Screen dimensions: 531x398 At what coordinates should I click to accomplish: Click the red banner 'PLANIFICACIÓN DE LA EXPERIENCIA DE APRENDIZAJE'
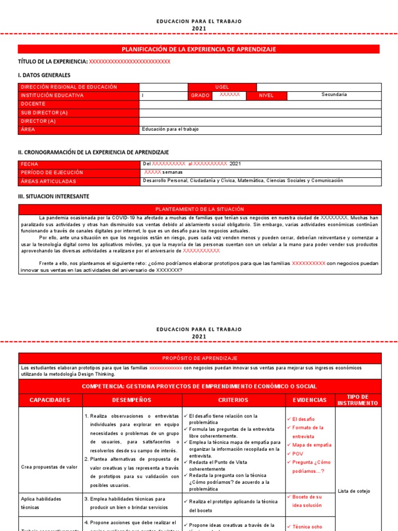(x=198, y=49)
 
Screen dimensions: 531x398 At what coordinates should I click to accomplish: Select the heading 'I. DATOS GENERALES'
(x=44, y=75)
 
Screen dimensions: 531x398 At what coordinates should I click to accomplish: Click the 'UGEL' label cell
(x=222, y=87)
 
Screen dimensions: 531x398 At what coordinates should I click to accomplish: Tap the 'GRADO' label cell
(x=200, y=95)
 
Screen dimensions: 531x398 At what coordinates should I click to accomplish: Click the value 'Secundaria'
(x=334, y=95)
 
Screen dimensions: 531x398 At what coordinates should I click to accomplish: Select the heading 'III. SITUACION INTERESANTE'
(x=53, y=197)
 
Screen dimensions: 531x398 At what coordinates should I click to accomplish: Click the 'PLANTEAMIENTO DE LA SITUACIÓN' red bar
(x=200, y=209)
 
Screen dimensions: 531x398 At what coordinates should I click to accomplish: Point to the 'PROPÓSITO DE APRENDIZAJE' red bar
(x=200, y=358)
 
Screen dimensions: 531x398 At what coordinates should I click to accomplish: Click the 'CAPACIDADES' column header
(x=49, y=400)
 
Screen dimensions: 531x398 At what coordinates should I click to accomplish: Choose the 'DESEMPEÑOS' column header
(x=132, y=400)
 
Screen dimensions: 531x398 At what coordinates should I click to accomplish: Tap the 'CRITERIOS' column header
(x=233, y=400)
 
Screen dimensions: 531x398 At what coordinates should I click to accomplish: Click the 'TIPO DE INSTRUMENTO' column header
(x=358, y=400)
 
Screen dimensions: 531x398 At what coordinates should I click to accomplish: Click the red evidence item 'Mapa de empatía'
(x=312, y=445)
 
